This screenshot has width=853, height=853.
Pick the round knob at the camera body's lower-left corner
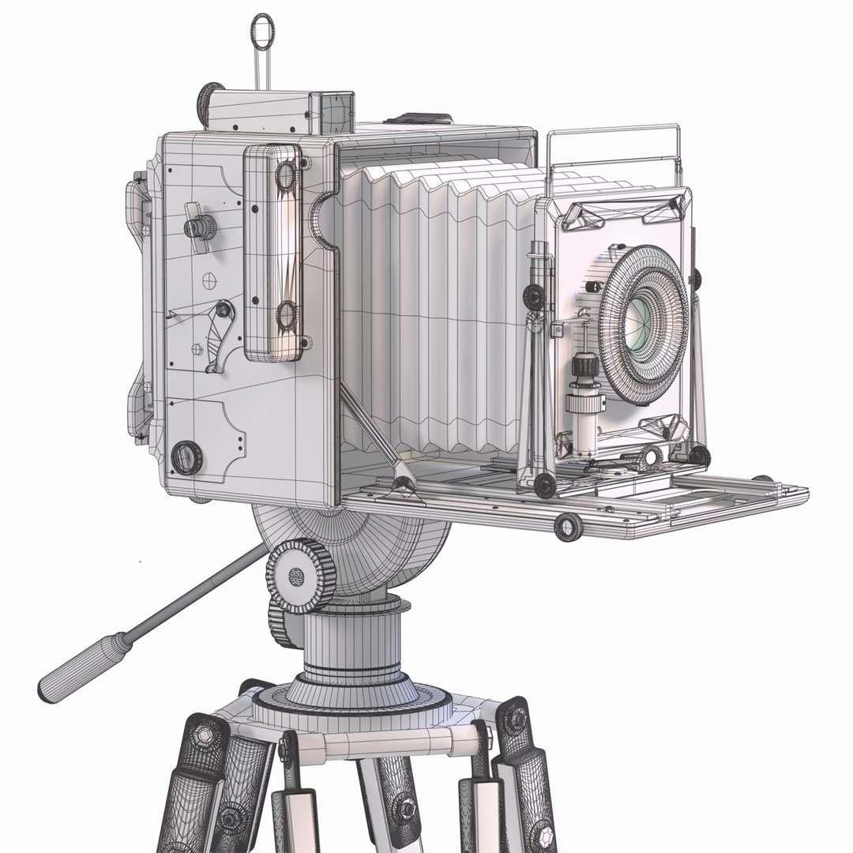point(186,457)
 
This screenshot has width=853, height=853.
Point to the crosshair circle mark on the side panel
point(209,280)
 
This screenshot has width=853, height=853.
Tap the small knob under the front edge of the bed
point(568,527)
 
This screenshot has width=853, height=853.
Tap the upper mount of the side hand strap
point(285,175)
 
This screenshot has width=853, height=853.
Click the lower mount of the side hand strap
point(286,317)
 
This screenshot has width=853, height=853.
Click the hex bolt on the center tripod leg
point(404,807)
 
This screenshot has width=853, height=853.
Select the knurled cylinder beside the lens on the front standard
point(585,367)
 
